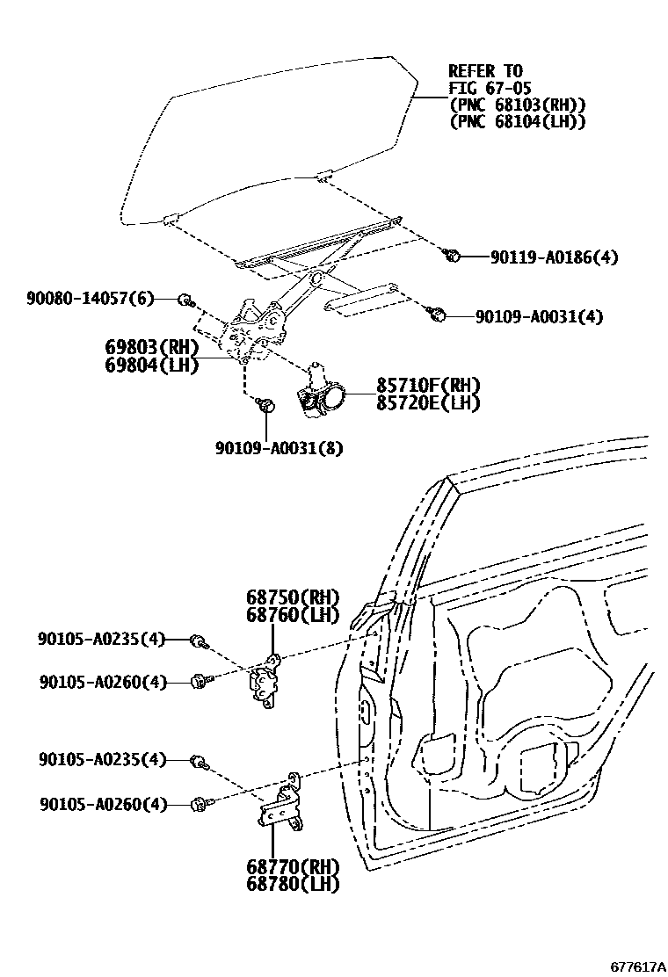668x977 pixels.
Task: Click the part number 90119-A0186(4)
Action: [554, 257]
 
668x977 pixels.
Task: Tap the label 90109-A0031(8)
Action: [279, 447]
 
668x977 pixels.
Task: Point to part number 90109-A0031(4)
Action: [539, 316]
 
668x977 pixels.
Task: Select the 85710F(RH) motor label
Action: [429, 386]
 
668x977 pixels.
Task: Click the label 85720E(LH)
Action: [429, 402]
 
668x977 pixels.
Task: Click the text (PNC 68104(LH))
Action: [517, 122]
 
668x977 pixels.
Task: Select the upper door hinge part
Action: [265, 683]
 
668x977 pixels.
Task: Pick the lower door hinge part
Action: [281, 804]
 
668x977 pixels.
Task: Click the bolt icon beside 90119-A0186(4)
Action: [454, 256]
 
